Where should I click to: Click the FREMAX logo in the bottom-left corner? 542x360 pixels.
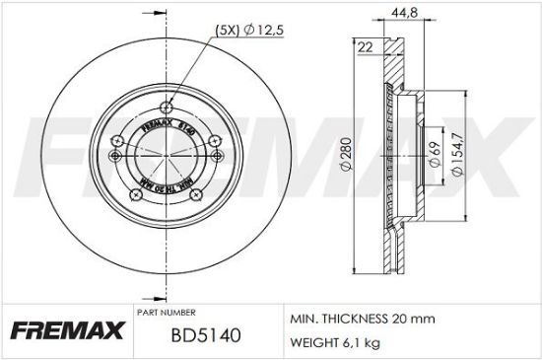pyautogui.click(x=66, y=330)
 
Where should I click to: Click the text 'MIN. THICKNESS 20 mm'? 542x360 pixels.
pyautogui.click(x=361, y=320)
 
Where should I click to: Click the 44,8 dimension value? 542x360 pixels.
pyautogui.click(x=398, y=13)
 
